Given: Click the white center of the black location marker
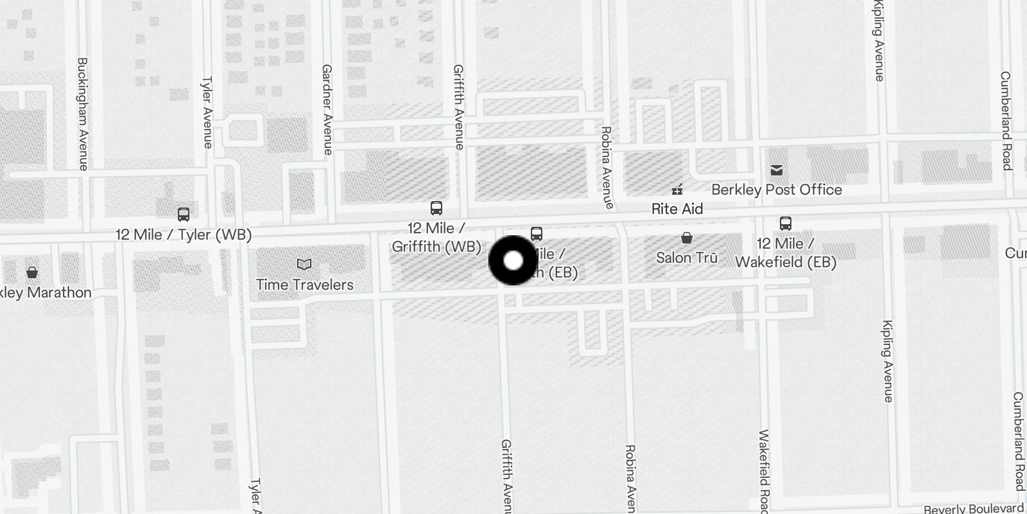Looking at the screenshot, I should (x=513, y=261).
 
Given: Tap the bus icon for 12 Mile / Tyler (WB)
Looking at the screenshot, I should (x=184, y=215).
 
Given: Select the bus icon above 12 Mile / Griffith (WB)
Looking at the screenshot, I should (x=436, y=208).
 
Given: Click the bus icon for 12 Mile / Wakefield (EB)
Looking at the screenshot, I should (x=785, y=224).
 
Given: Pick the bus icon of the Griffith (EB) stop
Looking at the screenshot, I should (x=537, y=234).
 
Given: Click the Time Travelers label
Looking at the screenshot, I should (x=304, y=285).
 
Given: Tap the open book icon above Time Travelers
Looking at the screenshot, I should (x=304, y=264).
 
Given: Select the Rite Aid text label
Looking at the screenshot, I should (x=677, y=209).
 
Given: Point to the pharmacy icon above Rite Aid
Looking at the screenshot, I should (x=677, y=190).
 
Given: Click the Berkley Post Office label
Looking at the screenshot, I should (x=777, y=190).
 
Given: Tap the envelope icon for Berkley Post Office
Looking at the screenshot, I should (x=777, y=170).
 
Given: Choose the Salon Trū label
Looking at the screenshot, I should (x=686, y=258).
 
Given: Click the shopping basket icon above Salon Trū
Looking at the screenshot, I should (x=686, y=238).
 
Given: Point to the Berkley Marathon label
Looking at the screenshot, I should (x=45, y=292).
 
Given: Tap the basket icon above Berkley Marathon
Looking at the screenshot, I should (x=32, y=272).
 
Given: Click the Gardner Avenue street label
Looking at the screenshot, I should (x=327, y=109).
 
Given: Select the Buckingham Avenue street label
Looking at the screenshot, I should (x=83, y=114).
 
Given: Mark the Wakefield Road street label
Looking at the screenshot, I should (x=763, y=472).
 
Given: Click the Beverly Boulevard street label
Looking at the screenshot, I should (x=973, y=509).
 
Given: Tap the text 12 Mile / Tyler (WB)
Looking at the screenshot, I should (x=184, y=235).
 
